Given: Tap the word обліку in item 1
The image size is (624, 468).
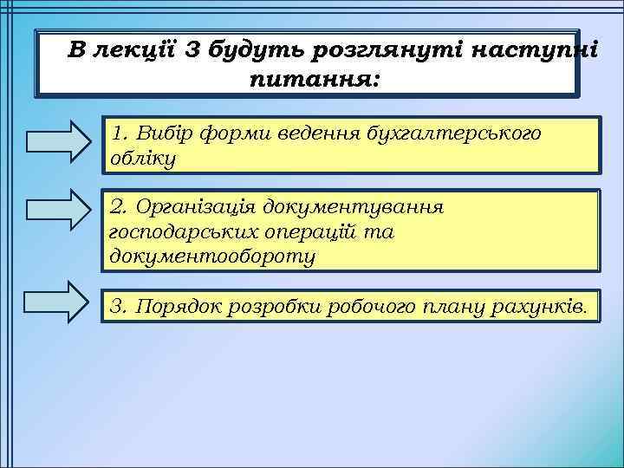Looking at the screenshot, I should tap(143, 159).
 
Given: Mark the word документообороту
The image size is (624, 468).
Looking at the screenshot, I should tap(213, 257).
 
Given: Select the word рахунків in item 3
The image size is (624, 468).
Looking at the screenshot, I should tap(545, 305).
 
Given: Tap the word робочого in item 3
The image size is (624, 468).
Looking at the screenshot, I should tap(374, 305).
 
